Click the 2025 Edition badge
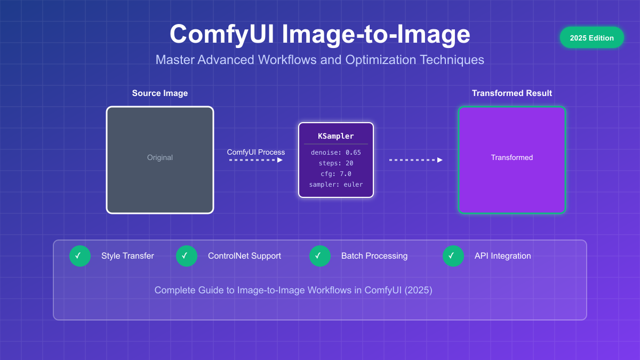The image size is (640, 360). click(x=591, y=38)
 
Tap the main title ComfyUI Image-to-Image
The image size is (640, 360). click(x=319, y=34)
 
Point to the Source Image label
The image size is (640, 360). click(x=160, y=93)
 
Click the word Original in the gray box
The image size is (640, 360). click(x=160, y=157)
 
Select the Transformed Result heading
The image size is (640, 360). click(x=512, y=93)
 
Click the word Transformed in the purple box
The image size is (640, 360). click(x=512, y=157)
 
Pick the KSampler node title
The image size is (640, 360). click(x=336, y=136)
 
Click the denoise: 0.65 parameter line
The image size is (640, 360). click(x=336, y=153)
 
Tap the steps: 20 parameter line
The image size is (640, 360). click(x=336, y=163)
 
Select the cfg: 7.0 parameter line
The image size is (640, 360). click(x=336, y=174)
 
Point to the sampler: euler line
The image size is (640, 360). click(x=336, y=185)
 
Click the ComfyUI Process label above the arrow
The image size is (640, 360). click(x=256, y=152)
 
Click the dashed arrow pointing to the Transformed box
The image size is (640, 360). click(x=415, y=160)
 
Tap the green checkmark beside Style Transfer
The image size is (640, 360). click(x=80, y=256)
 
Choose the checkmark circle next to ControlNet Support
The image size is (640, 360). click(x=187, y=256)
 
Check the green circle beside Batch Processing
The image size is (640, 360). click(x=320, y=256)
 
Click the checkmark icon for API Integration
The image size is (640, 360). click(x=453, y=256)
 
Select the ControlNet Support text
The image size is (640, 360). click(x=244, y=256)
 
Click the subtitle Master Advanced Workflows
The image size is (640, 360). click(x=319, y=60)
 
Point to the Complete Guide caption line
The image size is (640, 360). click(x=293, y=290)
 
